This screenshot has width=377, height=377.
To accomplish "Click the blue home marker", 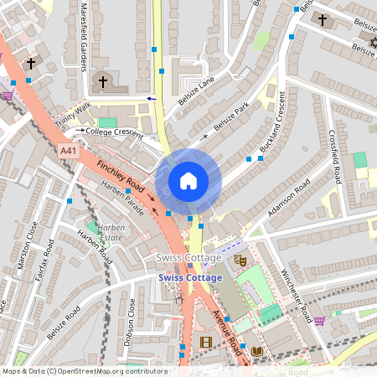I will [x=188, y=181].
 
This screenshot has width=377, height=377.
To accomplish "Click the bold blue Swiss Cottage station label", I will [x=190, y=277].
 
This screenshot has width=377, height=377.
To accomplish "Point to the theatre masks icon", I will [x=240, y=261].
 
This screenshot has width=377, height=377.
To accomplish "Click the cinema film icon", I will [x=206, y=342].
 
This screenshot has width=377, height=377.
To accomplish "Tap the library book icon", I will [x=257, y=350].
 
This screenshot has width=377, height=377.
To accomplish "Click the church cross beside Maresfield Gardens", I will [x=103, y=81].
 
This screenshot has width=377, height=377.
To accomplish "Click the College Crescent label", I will [x=110, y=132].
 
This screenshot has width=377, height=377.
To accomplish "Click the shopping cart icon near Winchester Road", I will [x=319, y=320].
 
